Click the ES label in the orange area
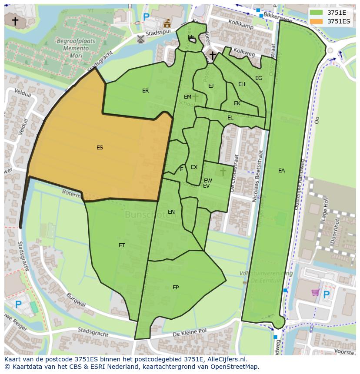[x=100, y=148]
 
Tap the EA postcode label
[x=281, y=171]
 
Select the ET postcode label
[x=122, y=245]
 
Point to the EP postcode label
[x=176, y=288]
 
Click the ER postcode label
[x=145, y=91]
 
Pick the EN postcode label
[x=171, y=212]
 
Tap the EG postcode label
[x=259, y=78]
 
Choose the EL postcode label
[x=230, y=118]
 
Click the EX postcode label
[x=194, y=167]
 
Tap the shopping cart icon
[x=315, y=293]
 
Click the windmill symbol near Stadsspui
[x=140, y=39]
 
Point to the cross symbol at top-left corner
[x=15, y=20]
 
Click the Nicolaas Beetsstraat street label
[x=260, y=176]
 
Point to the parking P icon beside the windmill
[x=146, y=17]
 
